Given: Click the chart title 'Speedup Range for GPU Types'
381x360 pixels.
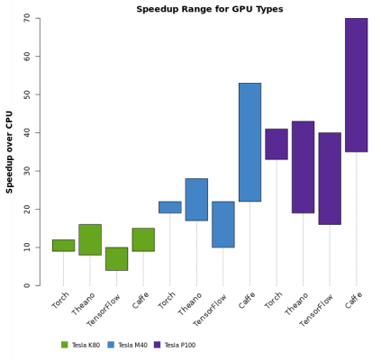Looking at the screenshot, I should [x=209, y=9].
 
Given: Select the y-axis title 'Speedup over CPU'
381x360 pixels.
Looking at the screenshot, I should [x=10, y=151].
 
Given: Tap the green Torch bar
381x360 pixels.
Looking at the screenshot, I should [x=63, y=245].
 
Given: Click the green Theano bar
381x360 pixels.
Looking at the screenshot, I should [x=90, y=239].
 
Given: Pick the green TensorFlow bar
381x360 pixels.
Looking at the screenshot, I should [x=116, y=258].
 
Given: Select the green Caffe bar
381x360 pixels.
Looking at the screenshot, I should [x=143, y=239].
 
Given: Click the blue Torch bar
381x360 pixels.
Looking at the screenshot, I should [x=169, y=207].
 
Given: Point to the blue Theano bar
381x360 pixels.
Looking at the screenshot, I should [x=196, y=199].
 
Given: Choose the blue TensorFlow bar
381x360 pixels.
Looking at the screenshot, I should [x=223, y=224].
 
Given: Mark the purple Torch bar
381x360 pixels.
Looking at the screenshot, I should [x=277, y=144].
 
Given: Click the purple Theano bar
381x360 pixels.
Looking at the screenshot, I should [x=303, y=166].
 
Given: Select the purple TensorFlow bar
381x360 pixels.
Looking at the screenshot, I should [x=330, y=178].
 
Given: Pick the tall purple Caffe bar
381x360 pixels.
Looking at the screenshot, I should [x=356, y=85].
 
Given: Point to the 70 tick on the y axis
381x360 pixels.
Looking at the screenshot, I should [x=26, y=18].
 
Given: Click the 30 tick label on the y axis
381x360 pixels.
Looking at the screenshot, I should [x=26, y=171].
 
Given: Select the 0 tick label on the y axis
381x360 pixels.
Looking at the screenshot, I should [x=26, y=285].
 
